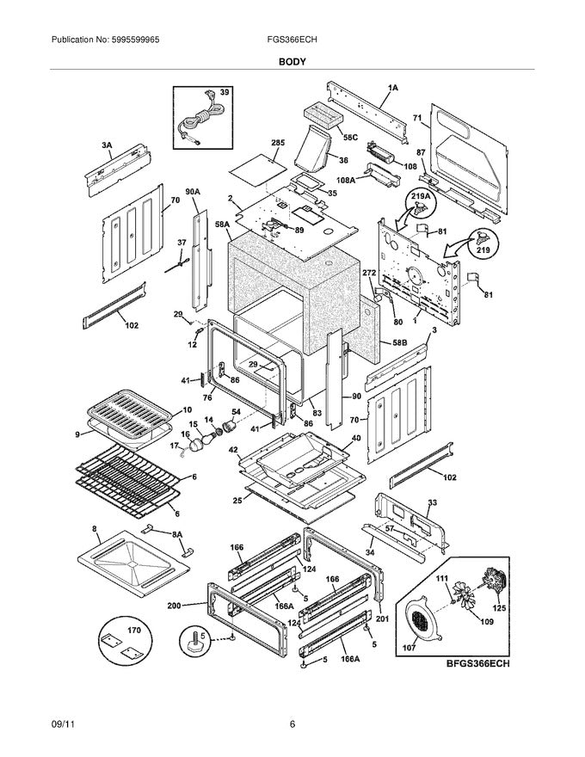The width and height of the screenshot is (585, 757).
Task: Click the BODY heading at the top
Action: (292, 62)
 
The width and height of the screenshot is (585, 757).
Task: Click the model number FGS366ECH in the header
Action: (292, 40)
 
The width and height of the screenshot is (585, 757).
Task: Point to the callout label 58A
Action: (221, 224)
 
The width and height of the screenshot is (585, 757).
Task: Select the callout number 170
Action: (132, 630)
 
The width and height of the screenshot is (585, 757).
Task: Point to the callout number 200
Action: (175, 606)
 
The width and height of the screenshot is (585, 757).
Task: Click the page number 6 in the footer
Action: (292, 724)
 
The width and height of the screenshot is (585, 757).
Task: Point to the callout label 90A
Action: (192, 192)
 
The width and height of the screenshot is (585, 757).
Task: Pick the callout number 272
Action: (369, 272)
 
